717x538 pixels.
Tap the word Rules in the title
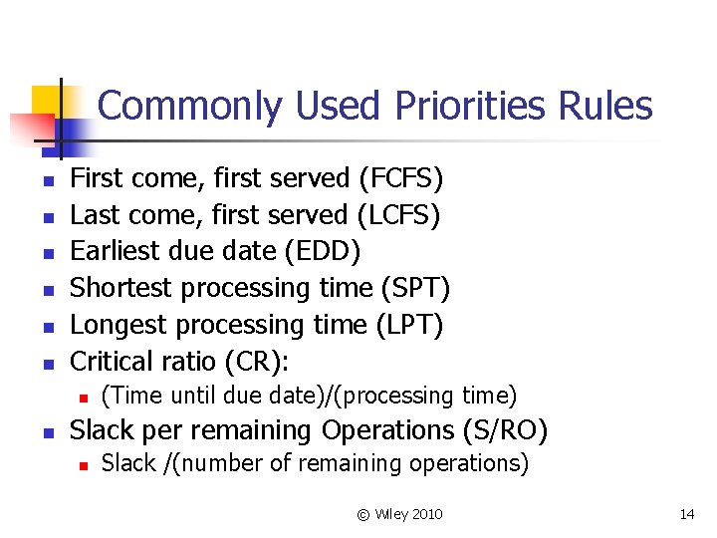[609, 106]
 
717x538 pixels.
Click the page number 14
[686, 514]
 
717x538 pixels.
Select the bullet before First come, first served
[46, 181]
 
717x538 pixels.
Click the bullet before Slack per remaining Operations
[46, 432]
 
